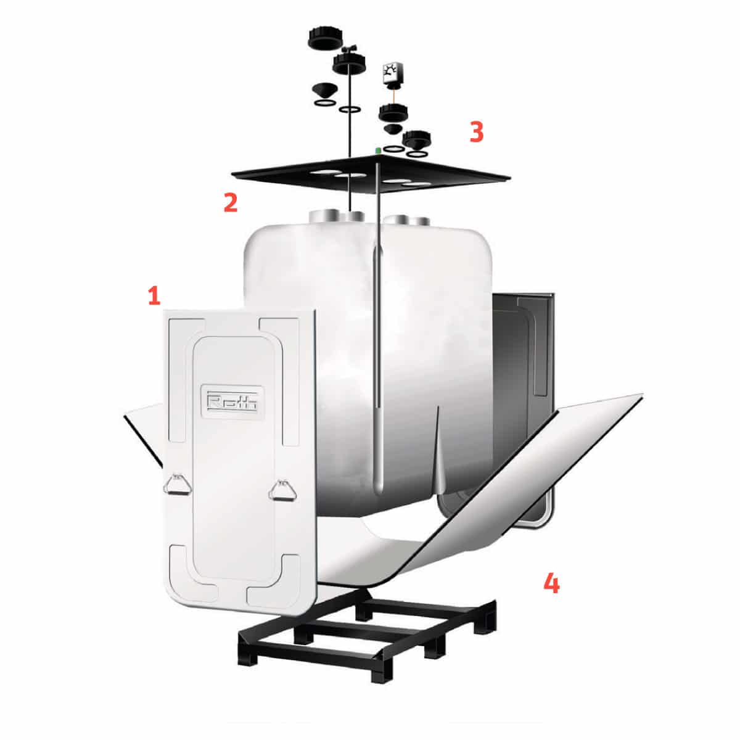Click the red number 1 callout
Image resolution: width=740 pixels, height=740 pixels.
coord(154,295)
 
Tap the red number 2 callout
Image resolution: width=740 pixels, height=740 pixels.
coord(230,203)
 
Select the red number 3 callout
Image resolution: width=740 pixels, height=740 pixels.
coord(476,133)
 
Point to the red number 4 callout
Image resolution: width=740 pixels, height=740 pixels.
coord(551,583)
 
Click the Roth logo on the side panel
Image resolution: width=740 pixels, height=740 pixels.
coord(233,402)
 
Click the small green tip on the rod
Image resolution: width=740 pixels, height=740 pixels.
coord(377,150)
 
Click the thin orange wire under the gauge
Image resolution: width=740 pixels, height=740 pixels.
coord(391,95)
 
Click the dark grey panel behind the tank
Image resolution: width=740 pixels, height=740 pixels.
coord(524,345)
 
